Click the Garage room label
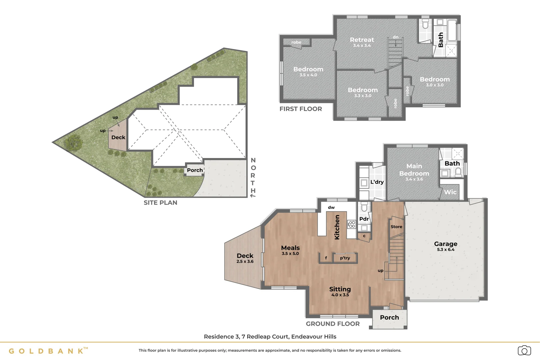coord(445,246)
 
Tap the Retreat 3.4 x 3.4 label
coord(362,42)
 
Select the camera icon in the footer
coord(524,351)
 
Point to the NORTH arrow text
coord(253,177)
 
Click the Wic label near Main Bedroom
coord(450,192)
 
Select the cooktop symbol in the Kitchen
coord(351,224)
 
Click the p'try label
coord(345,258)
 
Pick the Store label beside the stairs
coord(396,227)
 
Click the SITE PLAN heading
coord(160,203)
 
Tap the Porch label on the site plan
coord(195,170)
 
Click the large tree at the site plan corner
coord(73,143)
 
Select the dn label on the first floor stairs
coord(395,37)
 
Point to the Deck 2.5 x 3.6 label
coord(245,258)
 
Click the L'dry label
coord(377,182)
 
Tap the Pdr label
coord(364,219)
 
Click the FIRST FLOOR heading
coord(301,109)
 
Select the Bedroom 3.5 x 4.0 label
coord(308,71)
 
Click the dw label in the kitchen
coord(331,207)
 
